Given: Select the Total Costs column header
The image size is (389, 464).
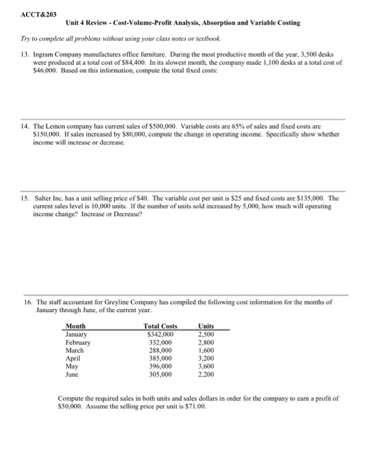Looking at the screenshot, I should (160, 326).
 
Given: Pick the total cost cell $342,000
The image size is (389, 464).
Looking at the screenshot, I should (161, 334).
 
